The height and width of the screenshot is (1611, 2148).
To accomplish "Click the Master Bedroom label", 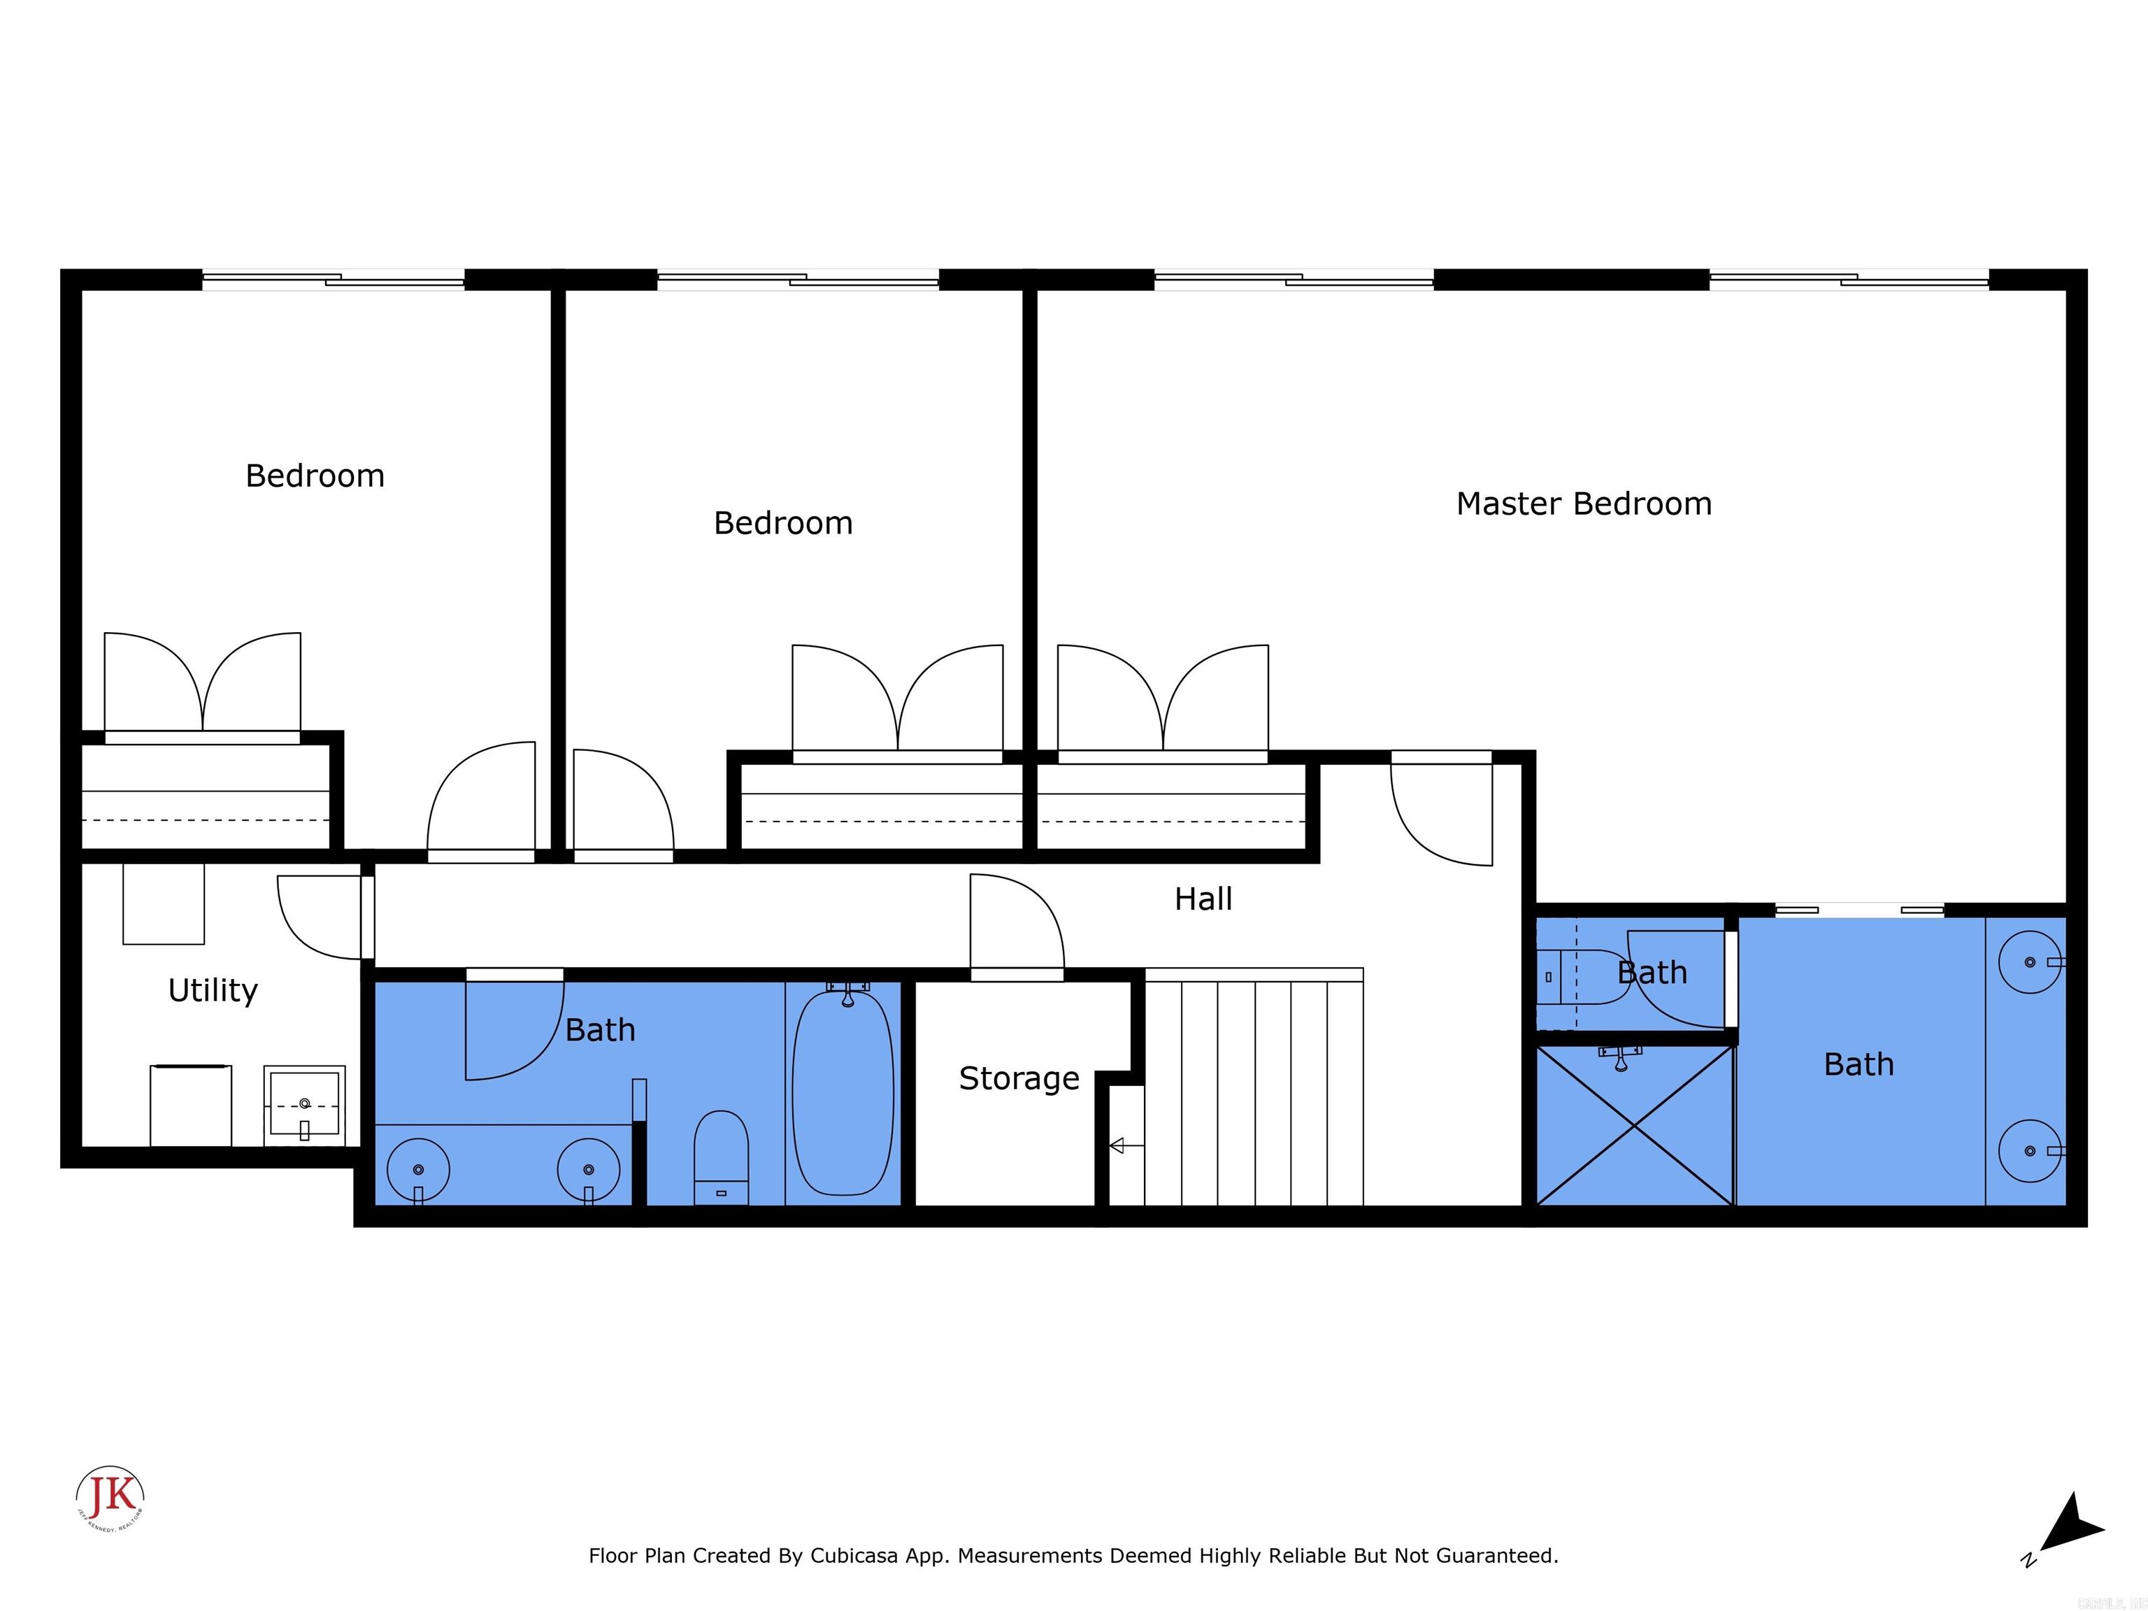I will (1584, 504).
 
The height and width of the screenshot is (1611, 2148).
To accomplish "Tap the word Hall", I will (1203, 899).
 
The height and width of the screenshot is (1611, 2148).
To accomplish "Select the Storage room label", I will (1019, 1078).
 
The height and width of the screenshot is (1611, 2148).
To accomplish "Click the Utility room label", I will (213, 991).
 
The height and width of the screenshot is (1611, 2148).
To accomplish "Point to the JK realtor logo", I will (110, 1496).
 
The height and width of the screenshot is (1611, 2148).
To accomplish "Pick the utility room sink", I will (304, 1104).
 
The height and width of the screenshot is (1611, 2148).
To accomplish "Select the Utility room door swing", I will (317, 917).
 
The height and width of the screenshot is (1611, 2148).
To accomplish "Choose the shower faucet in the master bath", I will (1619, 1057).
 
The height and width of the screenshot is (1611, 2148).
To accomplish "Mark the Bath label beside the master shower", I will (1859, 1064).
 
